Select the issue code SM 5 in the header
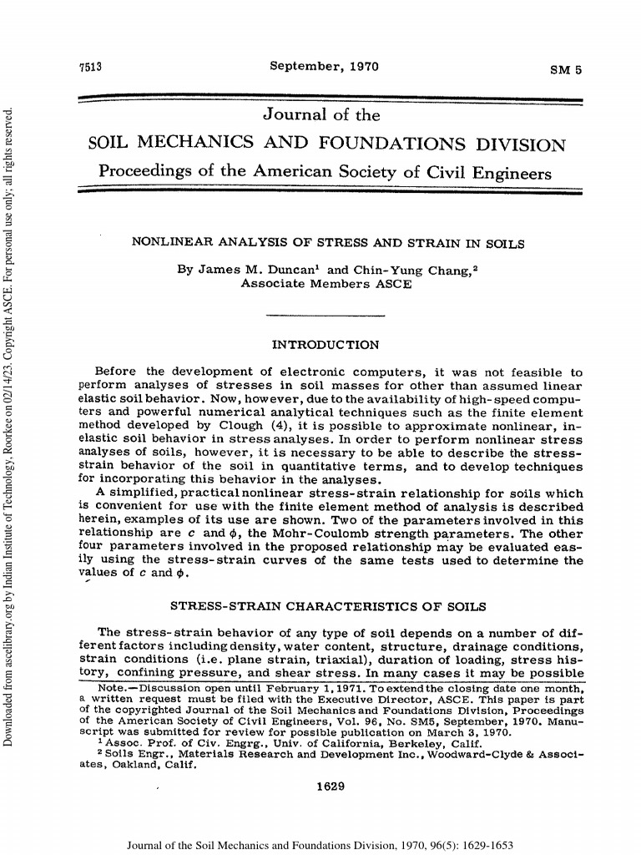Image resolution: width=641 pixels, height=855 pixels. (566, 69)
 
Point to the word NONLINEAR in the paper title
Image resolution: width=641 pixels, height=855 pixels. (171, 244)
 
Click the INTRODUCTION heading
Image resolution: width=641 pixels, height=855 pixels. (326, 344)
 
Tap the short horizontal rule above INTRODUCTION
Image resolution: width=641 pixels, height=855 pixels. (325, 316)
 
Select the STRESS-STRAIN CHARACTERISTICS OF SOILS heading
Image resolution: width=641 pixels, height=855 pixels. (326, 605)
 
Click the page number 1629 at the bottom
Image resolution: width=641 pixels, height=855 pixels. (326, 786)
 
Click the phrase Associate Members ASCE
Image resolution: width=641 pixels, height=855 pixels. (326, 284)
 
